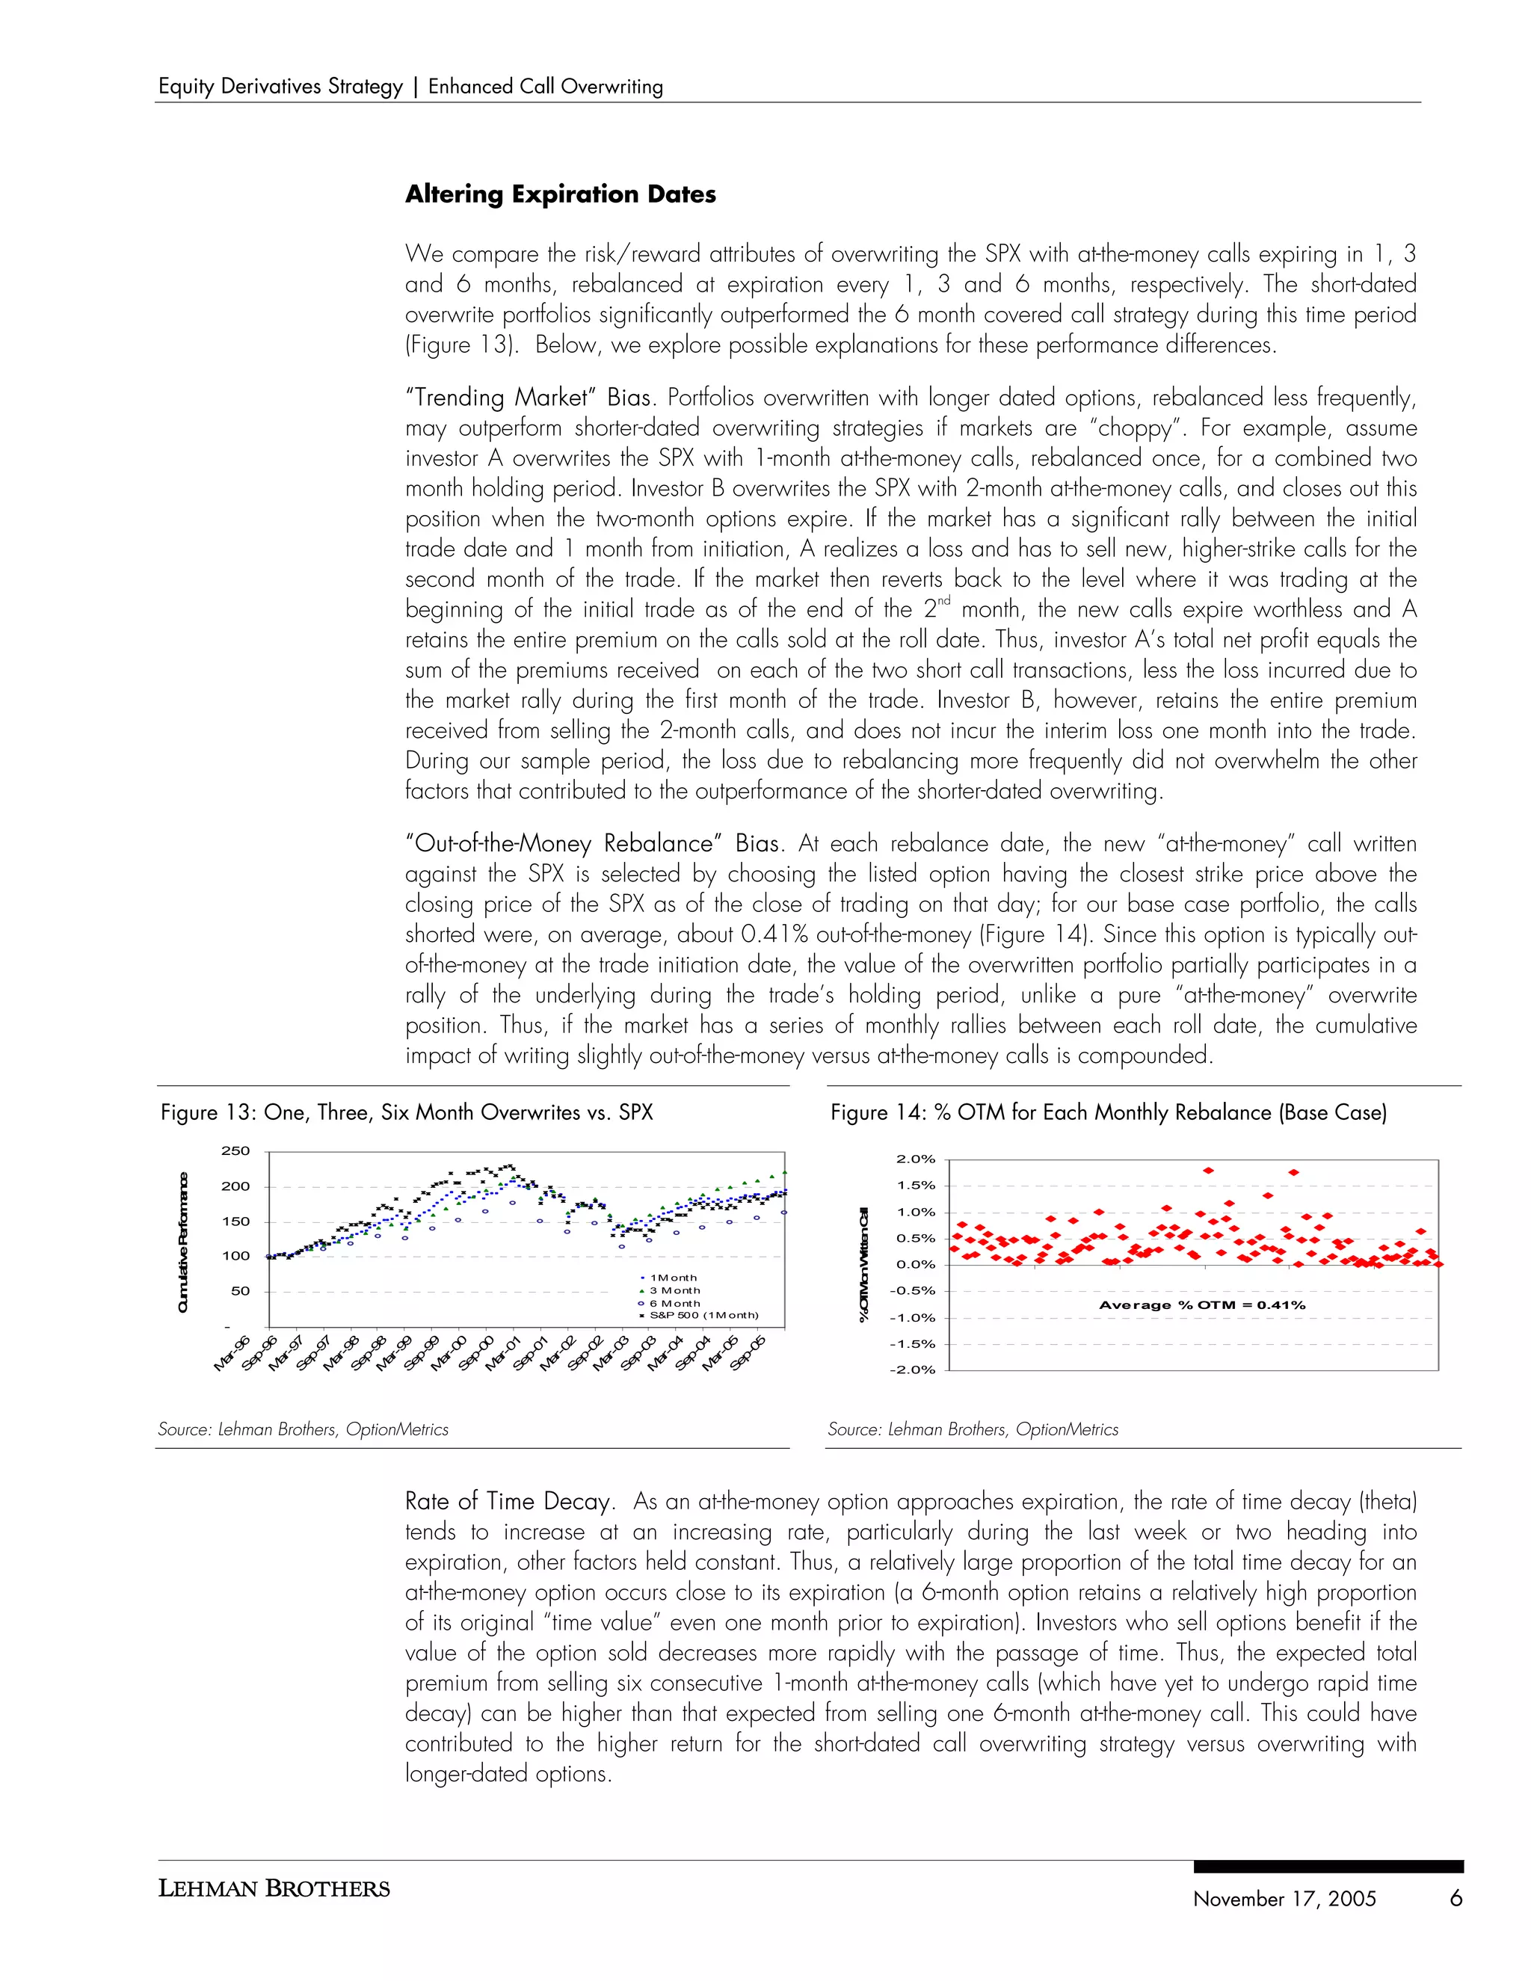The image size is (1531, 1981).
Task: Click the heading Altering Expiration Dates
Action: [560, 194]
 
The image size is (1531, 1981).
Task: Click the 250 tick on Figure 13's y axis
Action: [235, 1151]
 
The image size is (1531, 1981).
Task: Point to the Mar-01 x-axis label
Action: [503, 1353]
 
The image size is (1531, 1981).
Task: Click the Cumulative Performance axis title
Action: [183, 1242]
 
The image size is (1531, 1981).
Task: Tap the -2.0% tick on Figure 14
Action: [915, 1370]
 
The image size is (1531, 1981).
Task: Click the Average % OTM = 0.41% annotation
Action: [1202, 1305]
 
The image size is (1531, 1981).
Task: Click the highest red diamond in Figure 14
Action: [1208, 1170]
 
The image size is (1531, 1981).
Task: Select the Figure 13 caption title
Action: [407, 1113]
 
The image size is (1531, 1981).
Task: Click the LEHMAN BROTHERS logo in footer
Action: [274, 1889]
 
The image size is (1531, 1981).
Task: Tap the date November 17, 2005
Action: [1284, 1900]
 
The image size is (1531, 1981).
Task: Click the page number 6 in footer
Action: [1455, 1900]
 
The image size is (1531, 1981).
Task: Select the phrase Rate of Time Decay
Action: [507, 1502]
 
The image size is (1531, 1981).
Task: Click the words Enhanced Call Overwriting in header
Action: [545, 87]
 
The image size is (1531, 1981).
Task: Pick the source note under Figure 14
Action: [973, 1429]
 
